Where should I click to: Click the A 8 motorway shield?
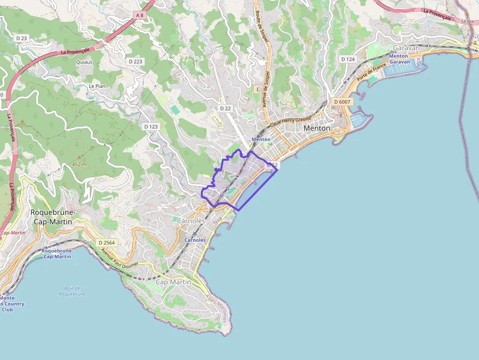pyautogui.click(x=139, y=15)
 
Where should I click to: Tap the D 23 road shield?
pyautogui.click(x=21, y=38)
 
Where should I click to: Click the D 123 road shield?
pyautogui.click(x=151, y=127)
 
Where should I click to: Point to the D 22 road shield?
pyautogui.click(x=225, y=108)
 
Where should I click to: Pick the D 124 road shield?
pyautogui.click(x=348, y=59)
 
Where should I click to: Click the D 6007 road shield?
pyautogui.click(x=341, y=102)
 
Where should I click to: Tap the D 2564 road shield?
pyautogui.click(x=106, y=243)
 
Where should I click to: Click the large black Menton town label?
pyautogui.click(x=317, y=128)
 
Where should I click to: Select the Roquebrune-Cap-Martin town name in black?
pyautogui.click(x=52, y=217)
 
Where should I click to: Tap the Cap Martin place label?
pyautogui.click(x=173, y=282)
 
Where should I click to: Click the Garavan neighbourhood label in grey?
pyautogui.click(x=406, y=48)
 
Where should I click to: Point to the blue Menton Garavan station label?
pyautogui.click(x=398, y=59)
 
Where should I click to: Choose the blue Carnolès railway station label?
pyautogui.click(x=195, y=240)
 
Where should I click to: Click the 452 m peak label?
pyautogui.click(x=79, y=164)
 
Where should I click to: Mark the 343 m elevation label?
pyautogui.click(x=467, y=22)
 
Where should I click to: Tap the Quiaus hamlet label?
pyautogui.click(x=84, y=62)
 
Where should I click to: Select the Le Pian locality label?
pyautogui.click(x=97, y=86)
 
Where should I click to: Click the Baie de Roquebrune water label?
pyautogui.click(x=72, y=291)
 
